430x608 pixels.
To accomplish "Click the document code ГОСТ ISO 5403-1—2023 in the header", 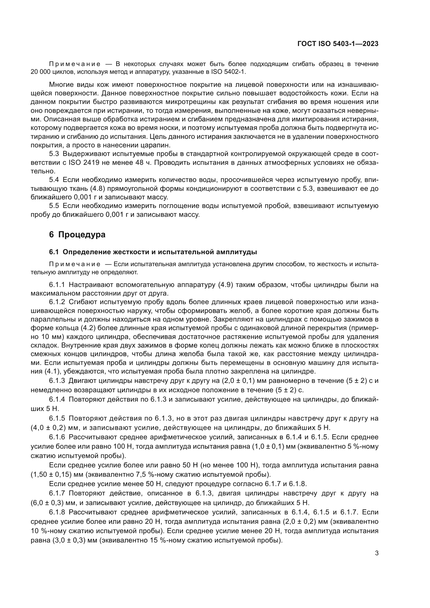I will (338, 44).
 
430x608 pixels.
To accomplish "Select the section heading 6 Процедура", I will (77, 235).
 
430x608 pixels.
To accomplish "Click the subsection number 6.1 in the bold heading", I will (54, 252).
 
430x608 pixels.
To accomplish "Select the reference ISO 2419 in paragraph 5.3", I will (84, 162).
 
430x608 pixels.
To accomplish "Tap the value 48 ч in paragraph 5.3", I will (143, 162).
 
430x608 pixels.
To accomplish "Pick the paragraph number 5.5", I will (54, 206).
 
